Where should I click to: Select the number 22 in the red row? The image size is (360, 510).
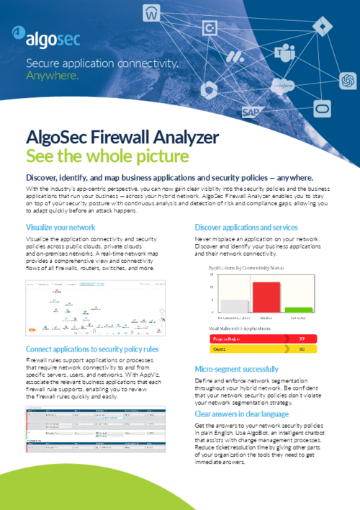[x=301, y=338]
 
